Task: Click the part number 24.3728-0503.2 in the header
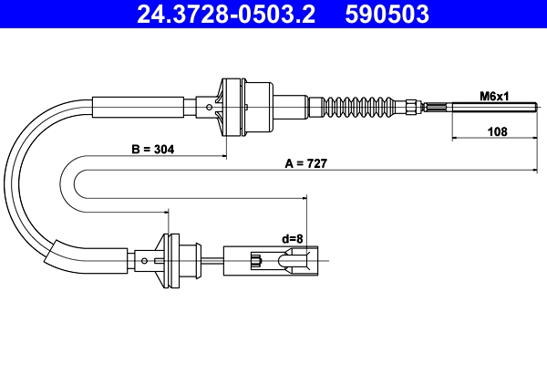tap(226, 14)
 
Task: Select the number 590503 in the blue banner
tap(387, 14)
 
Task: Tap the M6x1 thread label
tap(494, 96)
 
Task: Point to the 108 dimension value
tap(497, 131)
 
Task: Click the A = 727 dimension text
tap(306, 163)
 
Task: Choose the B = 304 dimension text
tap(153, 149)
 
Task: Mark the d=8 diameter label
tap(293, 239)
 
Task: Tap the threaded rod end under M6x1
tap(494, 107)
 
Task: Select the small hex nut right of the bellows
tap(411, 107)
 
